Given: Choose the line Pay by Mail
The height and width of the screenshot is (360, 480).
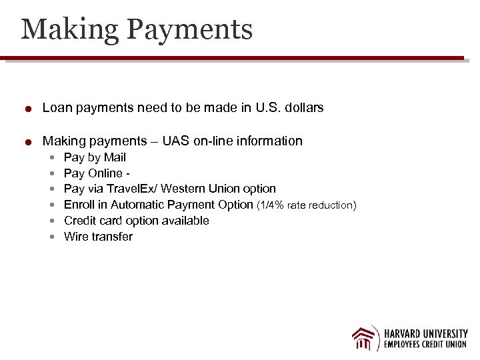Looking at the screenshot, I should pos(95,157).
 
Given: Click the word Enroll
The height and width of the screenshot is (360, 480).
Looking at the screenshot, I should pos(79,205).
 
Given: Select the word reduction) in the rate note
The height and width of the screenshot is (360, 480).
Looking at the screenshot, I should pos(332,205).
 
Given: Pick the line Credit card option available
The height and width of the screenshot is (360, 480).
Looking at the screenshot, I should pos(136,221).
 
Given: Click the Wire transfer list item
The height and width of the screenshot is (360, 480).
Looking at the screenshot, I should pos(98,237).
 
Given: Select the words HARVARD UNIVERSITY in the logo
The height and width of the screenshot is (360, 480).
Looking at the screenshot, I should pos(425,333).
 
